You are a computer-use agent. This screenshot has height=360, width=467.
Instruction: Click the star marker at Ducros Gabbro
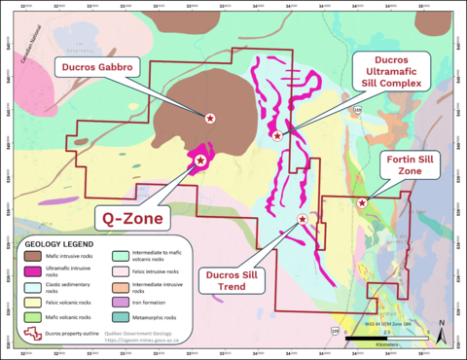[x=210, y=118]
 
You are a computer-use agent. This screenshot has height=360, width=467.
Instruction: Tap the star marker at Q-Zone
[x=200, y=160]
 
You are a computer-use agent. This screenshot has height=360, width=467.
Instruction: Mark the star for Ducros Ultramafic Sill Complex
[x=278, y=135]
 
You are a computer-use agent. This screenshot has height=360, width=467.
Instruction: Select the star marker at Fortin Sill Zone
[x=362, y=202]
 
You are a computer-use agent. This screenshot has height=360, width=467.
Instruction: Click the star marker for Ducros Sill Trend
[x=303, y=220]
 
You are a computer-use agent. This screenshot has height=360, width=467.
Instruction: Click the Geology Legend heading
[x=59, y=243]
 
